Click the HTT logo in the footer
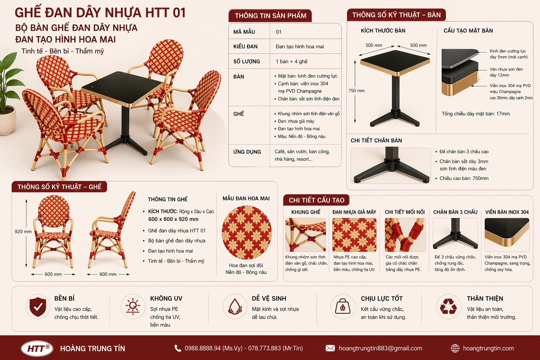pos(37,348)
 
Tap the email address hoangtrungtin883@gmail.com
pos(380,348)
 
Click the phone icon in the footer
pos(178,348)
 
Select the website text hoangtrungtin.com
pos(488,348)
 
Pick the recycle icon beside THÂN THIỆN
pos(448,307)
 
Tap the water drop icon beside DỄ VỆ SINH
pos(235,307)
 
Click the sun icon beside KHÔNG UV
pos(133,307)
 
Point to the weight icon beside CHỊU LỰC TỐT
pos(342,307)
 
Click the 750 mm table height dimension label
pos(356,91)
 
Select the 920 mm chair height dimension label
pos(23,232)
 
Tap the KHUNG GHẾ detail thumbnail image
pos(305,235)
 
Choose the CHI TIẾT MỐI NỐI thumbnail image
pos(405,235)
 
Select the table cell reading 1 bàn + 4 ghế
pos(291,62)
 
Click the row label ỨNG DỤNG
pos(247,152)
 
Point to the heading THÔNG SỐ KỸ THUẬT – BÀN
pos(396,15)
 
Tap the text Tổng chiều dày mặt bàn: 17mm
pos(475,114)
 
